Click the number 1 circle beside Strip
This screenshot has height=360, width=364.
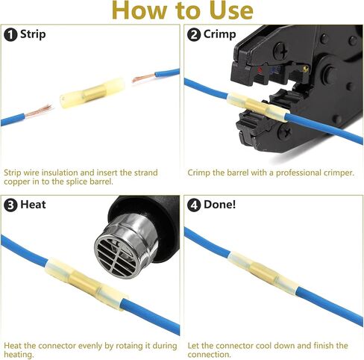click(10, 34)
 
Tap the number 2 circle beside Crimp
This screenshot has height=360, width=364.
click(194, 34)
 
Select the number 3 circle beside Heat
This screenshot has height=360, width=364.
click(10, 205)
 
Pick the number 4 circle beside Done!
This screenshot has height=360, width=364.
click(194, 205)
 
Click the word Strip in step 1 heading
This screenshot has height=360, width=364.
click(33, 34)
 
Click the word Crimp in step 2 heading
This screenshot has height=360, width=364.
click(219, 34)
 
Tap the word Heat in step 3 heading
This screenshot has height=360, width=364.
click(33, 205)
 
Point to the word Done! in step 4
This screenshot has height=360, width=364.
click(219, 205)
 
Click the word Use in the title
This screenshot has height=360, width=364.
click(231, 10)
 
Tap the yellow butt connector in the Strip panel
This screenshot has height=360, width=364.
click(92, 93)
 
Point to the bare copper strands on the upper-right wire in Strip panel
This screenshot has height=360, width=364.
click(144, 78)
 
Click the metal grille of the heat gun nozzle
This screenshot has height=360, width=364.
click(116, 257)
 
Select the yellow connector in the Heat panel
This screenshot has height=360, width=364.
click(86, 284)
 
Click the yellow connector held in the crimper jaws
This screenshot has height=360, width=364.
click(259, 107)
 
